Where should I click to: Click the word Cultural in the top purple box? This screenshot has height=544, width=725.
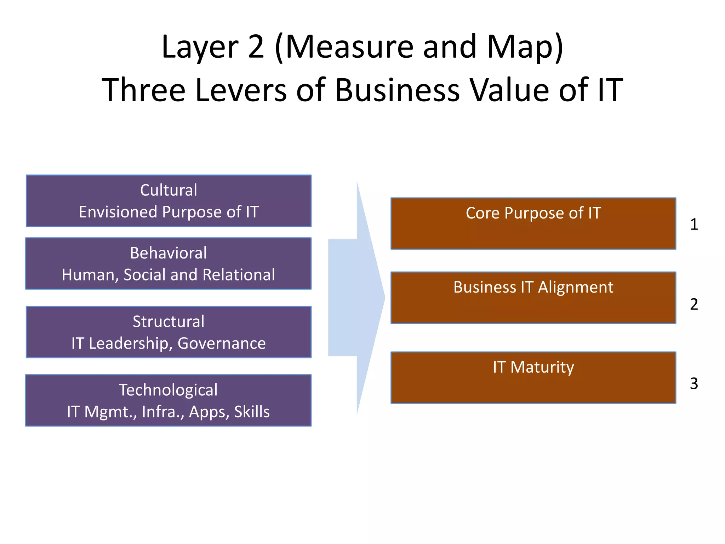(169, 190)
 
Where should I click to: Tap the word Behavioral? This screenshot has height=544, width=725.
(168, 253)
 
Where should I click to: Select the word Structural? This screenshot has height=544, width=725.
(169, 322)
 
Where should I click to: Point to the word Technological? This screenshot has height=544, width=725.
(168, 390)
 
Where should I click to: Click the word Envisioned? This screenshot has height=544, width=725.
(118, 212)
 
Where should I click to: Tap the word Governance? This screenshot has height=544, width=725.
(222, 344)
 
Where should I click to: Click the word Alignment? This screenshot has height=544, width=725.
(576, 287)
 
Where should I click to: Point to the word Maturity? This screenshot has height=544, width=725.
(542, 367)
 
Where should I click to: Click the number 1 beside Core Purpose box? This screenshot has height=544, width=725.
(694, 224)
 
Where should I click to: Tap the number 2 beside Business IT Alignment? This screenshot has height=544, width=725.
(694, 304)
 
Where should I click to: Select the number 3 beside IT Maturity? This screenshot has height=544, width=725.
(694, 384)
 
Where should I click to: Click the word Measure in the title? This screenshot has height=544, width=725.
(349, 47)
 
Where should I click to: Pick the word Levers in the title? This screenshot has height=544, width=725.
(241, 90)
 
